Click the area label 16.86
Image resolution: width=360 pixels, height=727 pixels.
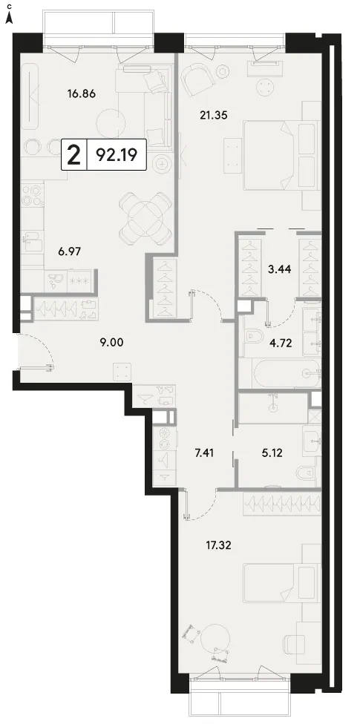coord(81,94)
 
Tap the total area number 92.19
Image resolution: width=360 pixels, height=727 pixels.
coord(116,155)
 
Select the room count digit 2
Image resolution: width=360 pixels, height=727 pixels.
coord(73,155)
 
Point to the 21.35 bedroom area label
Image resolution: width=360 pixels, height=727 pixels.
coord(214,116)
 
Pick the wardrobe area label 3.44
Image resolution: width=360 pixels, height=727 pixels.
coord(280,268)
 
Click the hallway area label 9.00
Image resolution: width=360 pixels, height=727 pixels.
coord(111,343)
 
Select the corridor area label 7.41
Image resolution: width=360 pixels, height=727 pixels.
coord(205,452)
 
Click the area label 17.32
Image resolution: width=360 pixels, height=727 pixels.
coord(218,544)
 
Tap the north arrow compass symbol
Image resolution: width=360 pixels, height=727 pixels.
coord(9,18)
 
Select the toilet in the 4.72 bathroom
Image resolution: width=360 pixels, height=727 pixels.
coord(253,335)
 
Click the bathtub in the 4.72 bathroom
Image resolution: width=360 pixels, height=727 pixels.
coord(287,372)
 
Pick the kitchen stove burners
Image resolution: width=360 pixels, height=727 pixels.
coord(30,195)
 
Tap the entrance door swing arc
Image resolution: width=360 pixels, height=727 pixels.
coord(45,351)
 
